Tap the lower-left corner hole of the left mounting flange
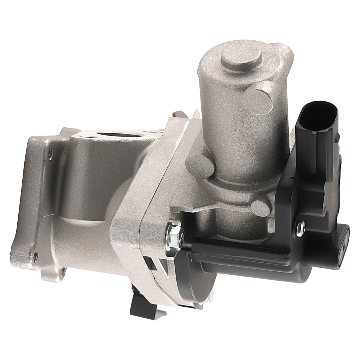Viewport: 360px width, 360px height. [35, 256]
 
